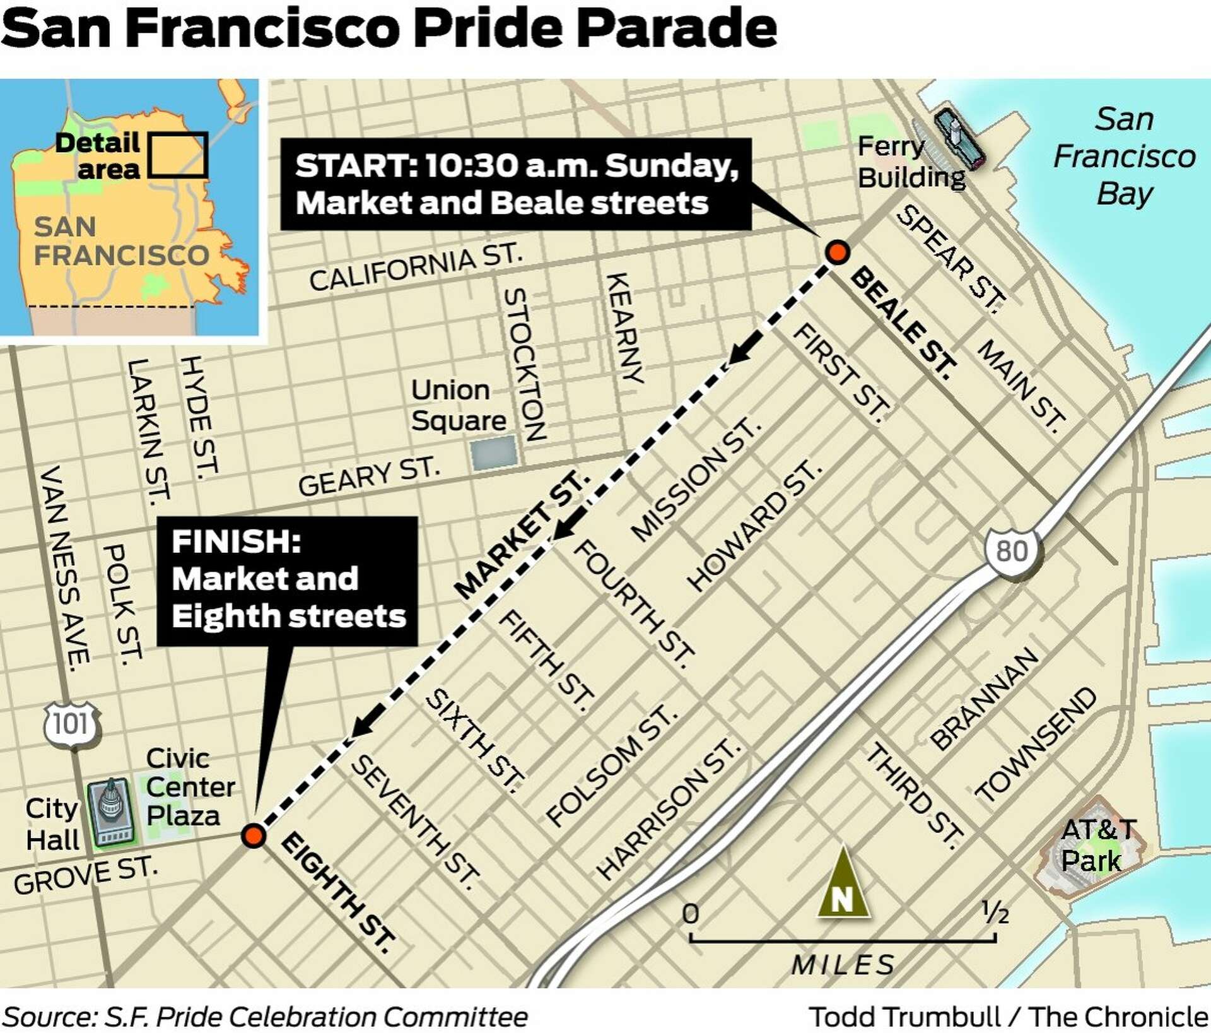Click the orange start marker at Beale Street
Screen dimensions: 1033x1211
point(837,252)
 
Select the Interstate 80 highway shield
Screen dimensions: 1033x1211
point(1012,551)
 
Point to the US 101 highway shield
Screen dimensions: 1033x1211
point(71,724)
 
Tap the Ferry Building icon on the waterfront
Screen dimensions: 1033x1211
point(959,138)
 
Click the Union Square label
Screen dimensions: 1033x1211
point(458,405)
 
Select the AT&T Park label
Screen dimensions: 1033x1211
point(1097,844)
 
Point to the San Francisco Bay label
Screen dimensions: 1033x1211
point(1124,156)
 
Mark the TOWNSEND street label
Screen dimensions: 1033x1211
point(1035,745)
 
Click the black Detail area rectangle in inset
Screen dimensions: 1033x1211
point(178,155)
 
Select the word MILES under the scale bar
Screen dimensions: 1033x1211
point(843,965)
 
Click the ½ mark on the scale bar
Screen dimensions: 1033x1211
point(995,912)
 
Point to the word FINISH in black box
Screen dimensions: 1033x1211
point(236,541)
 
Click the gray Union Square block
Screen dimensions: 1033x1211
point(494,452)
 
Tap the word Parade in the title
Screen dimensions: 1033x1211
point(676,28)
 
